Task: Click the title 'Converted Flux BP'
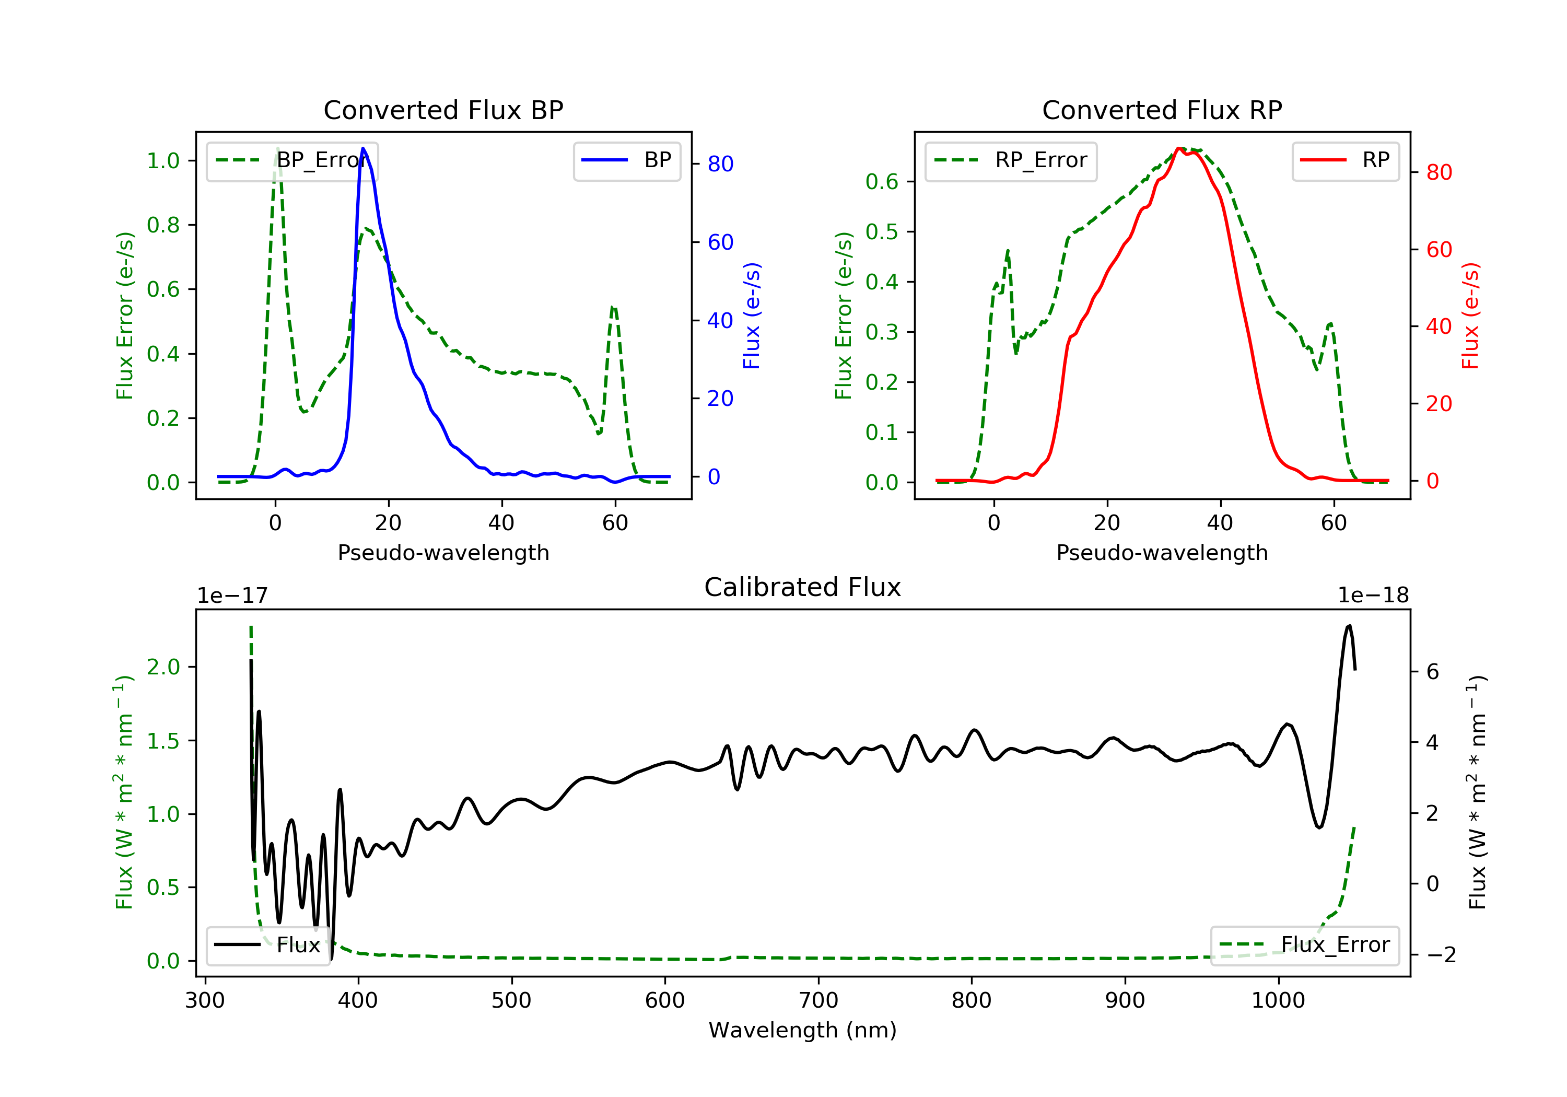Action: coord(443,110)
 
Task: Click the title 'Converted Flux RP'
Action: coord(1162,110)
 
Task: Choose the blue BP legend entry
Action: coord(626,160)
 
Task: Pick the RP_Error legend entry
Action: coord(1011,160)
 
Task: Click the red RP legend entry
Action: coord(1345,160)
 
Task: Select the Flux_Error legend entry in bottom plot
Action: coord(1304,945)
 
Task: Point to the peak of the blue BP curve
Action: coord(363,148)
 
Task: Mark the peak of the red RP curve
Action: coord(1179,148)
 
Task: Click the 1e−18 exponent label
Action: coord(1373,596)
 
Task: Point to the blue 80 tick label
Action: coord(720,164)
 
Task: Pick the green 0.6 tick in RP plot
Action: coord(881,182)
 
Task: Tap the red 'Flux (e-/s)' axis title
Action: coord(1470,316)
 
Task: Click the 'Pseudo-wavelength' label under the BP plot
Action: coord(443,552)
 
